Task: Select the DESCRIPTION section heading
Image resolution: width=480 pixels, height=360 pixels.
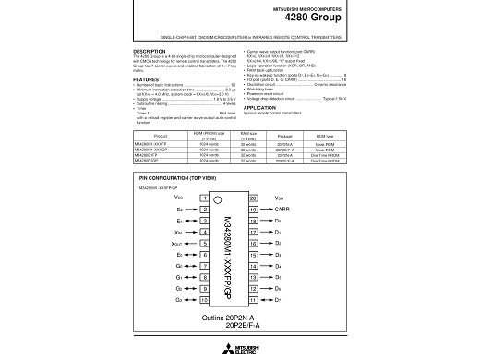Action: [x=150, y=51]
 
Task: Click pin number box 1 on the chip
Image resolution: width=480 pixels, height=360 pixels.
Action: [x=203, y=198]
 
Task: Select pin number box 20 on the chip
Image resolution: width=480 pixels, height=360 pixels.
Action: [x=253, y=198]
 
